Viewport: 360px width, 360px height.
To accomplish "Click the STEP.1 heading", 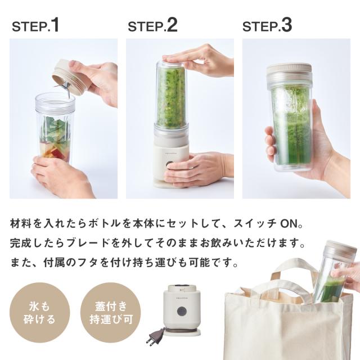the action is point(35,25).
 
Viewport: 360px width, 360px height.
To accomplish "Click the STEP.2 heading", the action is point(152,25).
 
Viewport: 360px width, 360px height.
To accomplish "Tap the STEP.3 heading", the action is point(267,25).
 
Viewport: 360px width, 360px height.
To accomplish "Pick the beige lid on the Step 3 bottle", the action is point(289,68).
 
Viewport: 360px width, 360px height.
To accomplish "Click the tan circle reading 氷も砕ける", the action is point(39,313).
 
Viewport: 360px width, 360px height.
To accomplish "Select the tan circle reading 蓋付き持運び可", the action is point(111,313).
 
